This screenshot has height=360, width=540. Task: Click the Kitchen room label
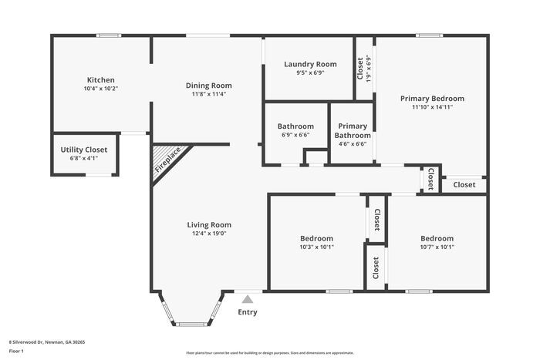(100, 79)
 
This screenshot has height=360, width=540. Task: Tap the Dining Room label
(208, 86)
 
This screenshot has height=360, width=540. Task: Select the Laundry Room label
(310, 64)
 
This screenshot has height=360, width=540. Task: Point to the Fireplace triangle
(167, 160)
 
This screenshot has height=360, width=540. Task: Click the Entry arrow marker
(248, 299)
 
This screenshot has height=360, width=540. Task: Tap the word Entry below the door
(248, 312)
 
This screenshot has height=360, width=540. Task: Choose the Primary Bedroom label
(432, 99)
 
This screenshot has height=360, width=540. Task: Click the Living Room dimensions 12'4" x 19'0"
(209, 234)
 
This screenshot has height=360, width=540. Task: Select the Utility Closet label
(84, 150)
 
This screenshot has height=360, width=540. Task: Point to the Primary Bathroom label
(353, 130)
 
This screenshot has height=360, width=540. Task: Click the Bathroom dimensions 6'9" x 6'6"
(295, 135)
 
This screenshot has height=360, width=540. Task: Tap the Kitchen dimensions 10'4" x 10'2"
(100, 89)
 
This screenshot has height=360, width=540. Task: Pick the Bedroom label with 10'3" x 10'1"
(316, 239)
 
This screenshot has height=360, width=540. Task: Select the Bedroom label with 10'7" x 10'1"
(437, 239)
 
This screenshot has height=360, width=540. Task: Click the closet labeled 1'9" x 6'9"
(368, 68)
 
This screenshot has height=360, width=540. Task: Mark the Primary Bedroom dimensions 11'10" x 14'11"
(432, 107)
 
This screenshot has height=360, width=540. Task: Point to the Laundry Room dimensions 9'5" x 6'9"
(310, 73)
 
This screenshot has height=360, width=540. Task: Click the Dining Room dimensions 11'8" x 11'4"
(208, 95)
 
